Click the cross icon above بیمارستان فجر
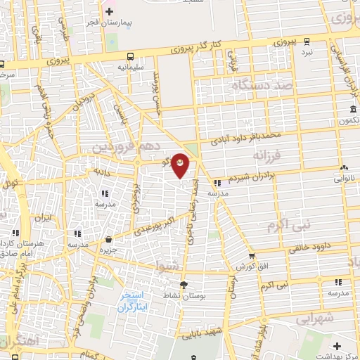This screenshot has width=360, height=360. (x=109, y=11)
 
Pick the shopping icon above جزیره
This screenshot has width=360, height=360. (x=108, y=239)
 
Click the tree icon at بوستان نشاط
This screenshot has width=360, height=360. (x=184, y=284)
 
